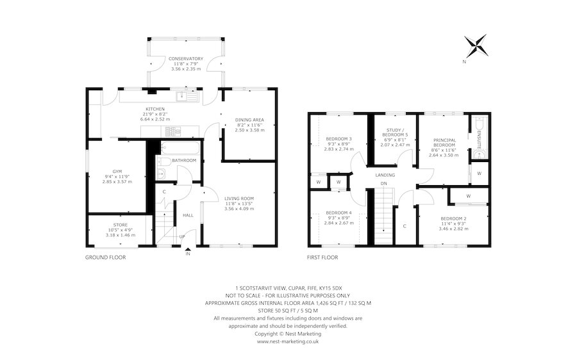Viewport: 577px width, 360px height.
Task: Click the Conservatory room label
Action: pos(186,59)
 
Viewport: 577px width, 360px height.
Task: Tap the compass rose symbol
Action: pos(476,45)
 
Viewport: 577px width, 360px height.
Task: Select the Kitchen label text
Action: pos(155,109)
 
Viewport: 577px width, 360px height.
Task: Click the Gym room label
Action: pos(117,172)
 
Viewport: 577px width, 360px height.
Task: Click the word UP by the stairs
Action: pos(182,236)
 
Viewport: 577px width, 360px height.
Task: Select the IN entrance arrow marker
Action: pos(188,250)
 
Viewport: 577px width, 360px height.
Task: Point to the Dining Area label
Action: pos(249,120)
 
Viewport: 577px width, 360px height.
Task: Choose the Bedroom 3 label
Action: pos(339,139)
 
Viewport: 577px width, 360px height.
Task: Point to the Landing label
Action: pos(385,175)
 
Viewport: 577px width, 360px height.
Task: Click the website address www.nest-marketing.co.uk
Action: pos(288,341)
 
